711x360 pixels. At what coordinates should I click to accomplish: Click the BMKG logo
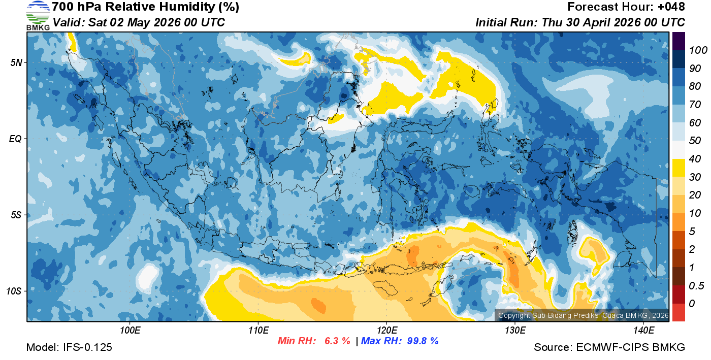click(x=38, y=16)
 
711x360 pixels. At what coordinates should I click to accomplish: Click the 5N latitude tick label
click(x=16, y=62)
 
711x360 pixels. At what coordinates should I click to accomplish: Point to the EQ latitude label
click(x=16, y=139)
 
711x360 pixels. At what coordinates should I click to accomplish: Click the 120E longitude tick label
click(x=387, y=331)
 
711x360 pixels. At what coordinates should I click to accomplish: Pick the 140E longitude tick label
click(x=643, y=331)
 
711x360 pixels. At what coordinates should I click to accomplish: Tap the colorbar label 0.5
click(x=695, y=286)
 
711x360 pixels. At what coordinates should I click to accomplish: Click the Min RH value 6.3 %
click(x=337, y=341)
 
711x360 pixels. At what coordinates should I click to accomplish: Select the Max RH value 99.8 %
click(x=423, y=341)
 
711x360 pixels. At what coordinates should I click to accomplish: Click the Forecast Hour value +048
click(x=672, y=7)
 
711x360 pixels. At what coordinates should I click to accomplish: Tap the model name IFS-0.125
click(x=87, y=348)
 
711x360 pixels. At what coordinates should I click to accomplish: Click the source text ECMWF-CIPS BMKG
click(x=631, y=348)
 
